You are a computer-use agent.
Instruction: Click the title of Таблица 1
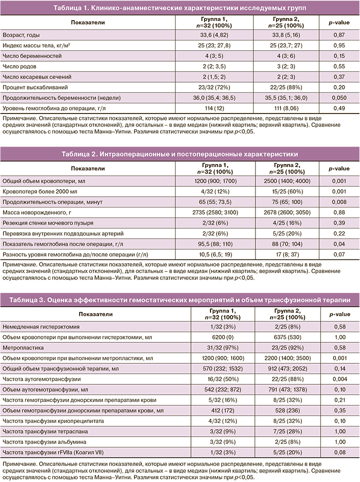pyautogui.click(x=179, y=8)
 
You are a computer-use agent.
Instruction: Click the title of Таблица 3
pyautogui.click(x=179, y=299)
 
